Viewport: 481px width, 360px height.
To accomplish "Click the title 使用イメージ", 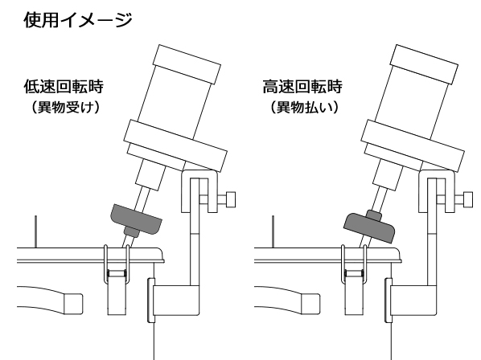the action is [x=78, y=20].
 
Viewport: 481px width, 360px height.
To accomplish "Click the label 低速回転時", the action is [x=64, y=87].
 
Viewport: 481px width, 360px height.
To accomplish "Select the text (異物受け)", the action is [x=66, y=107].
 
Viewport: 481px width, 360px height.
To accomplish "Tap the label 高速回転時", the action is [x=302, y=87].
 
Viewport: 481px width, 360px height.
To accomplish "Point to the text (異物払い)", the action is [x=304, y=107].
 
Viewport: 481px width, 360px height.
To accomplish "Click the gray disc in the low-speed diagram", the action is [x=136, y=219].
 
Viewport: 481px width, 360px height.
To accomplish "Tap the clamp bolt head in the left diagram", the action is [x=231, y=199].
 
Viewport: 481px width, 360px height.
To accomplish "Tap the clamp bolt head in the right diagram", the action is [x=468, y=199].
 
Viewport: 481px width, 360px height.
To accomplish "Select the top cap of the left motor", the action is [x=187, y=64].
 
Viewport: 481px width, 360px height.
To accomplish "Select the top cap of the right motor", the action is [x=424, y=64].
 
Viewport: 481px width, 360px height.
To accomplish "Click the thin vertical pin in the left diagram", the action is [x=36, y=231].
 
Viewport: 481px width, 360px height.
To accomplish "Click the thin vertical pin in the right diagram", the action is [x=273, y=231].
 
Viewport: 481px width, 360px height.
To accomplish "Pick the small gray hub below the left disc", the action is [x=131, y=232].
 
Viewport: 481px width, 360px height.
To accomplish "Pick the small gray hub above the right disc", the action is [x=374, y=215].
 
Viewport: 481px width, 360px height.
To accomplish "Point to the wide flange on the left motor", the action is [x=175, y=145].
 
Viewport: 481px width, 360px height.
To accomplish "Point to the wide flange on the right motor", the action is [x=413, y=145].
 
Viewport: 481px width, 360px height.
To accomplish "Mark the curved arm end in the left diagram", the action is [x=73, y=304].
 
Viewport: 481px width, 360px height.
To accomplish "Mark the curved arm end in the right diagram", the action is [x=310, y=304].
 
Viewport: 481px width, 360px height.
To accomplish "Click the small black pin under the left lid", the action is [x=117, y=273].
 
